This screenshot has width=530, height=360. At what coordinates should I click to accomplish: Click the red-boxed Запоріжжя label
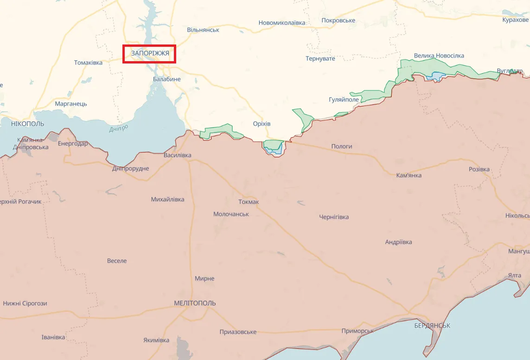pyautogui.click(x=149, y=54)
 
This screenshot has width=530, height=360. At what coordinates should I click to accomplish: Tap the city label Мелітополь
pyautogui.click(x=195, y=303)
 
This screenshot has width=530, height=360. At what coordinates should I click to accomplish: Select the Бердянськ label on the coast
pyautogui.click(x=432, y=326)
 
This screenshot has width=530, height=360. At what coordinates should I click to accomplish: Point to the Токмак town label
pyautogui.click(x=249, y=202)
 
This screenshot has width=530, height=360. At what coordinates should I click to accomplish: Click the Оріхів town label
pyautogui.click(x=262, y=124)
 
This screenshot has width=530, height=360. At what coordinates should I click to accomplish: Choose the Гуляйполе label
pyautogui.click(x=344, y=100)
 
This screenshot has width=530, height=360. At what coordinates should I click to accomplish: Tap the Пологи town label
pyautogui.click(x=341, y=146)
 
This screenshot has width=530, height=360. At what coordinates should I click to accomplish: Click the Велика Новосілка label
pyautogui.click(x=439, y=56)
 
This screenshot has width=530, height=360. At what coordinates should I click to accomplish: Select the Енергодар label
pyautogui.click(x=73, y=144)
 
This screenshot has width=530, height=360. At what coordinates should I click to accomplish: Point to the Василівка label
pyautogui.click(x=177, y=155)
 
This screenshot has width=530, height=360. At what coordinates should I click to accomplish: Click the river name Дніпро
pyautogui.click(x=119, y=128)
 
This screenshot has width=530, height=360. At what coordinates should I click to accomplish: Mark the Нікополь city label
pyautogui.click(x=28, y=124)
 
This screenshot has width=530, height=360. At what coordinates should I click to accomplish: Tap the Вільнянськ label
pyautogui.click(x=203, y=30)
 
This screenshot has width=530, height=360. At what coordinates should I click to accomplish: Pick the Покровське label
pyautogui.click(x=338, y=20)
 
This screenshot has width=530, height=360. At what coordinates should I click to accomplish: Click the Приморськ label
pyautogui.click(x=358, y=331)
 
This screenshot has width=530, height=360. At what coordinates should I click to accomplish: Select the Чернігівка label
pyautogui.click(x=334, y=217)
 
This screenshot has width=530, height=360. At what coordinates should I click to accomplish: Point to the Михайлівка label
pyautogui.click(x=167, y=199)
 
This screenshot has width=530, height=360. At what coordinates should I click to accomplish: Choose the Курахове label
pyautogui.click(x=515, y=20)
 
